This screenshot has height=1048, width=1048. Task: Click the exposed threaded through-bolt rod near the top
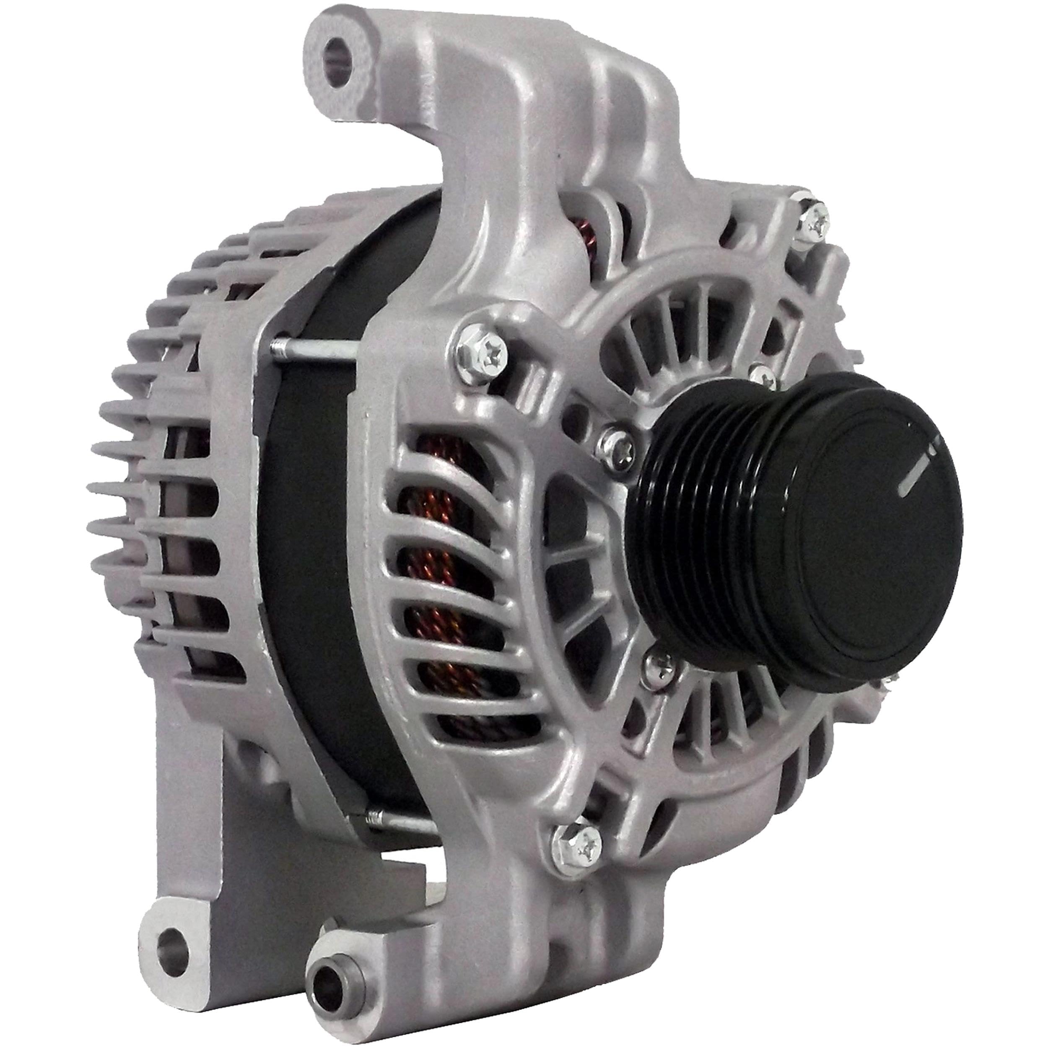(x=315, y=350)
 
